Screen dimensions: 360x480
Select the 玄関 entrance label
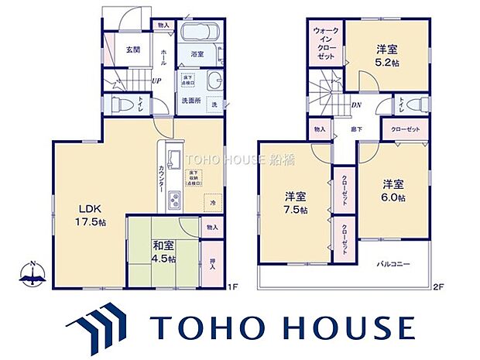tap(134, 50)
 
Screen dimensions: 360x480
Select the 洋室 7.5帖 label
tap(294, 204)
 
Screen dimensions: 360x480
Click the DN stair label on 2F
tap(356, 106)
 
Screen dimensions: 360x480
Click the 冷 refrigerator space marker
tap(214, 203)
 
